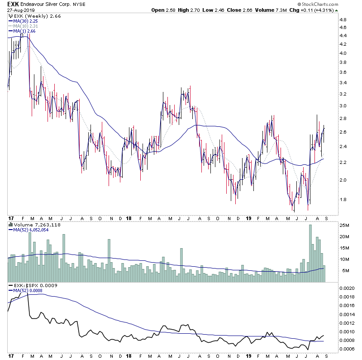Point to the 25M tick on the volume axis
(346, 225)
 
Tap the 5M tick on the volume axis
(344, 271)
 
